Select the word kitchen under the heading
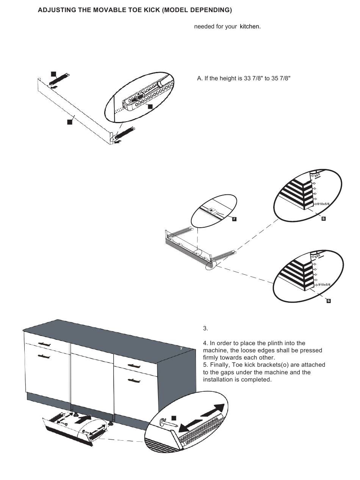pos(250,27)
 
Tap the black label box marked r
pos(234,219)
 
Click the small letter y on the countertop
pos(181,348)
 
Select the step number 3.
pos(205,328)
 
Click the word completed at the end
pos(257,380)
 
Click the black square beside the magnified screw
pos(174,418)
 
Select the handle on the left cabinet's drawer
pos(44,344)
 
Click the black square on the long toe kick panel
pos(69,122)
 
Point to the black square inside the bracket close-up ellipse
pos(150,106)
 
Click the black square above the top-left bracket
pos(53,73)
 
